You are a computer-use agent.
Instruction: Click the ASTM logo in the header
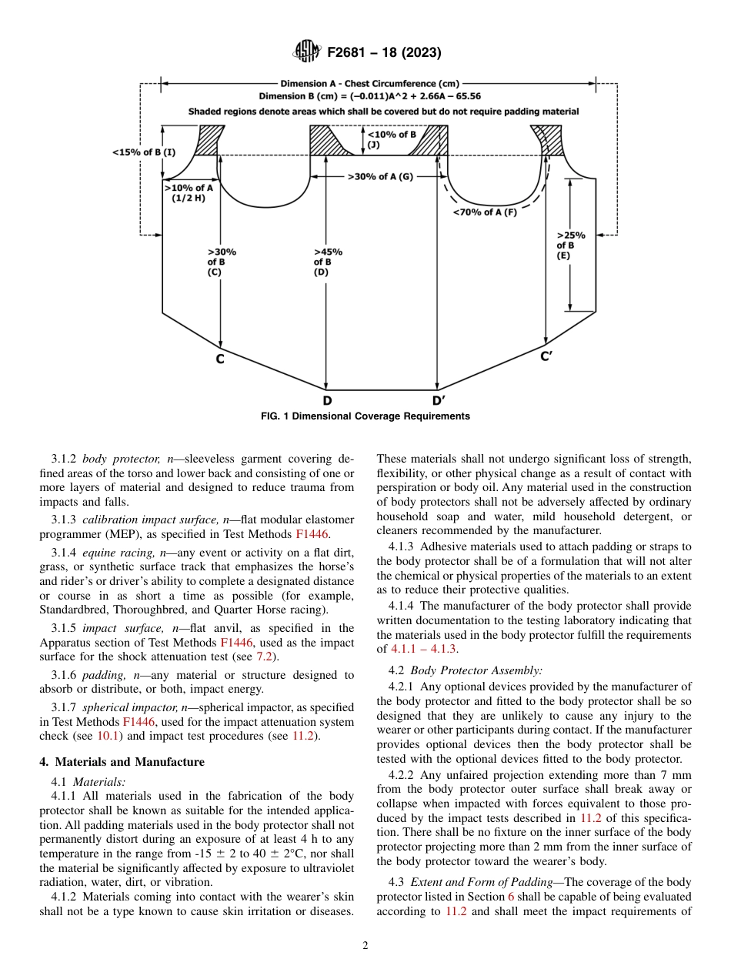(306, 52)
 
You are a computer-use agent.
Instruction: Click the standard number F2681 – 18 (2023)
(384, 53)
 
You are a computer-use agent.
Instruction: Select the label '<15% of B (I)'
(144, 152)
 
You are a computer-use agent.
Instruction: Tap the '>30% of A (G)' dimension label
(380, 176)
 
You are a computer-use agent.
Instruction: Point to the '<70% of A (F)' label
(485, 212)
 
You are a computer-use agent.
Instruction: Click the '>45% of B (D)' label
(329, 262)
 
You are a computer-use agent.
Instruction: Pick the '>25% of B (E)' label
(570, 246)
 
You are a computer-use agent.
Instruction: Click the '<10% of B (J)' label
(392, 139)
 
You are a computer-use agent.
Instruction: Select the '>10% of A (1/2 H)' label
(188, 192)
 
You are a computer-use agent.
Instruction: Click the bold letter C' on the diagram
(546, 356)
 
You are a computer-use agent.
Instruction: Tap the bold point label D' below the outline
(438, 400)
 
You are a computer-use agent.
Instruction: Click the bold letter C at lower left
(220, 359)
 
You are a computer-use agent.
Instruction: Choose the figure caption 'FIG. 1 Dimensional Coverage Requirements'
(365, 416)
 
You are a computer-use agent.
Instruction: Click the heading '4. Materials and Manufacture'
(122, 762)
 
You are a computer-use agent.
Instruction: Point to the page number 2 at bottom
(365, 946)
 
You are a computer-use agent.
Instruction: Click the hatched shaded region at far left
(209, 141)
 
